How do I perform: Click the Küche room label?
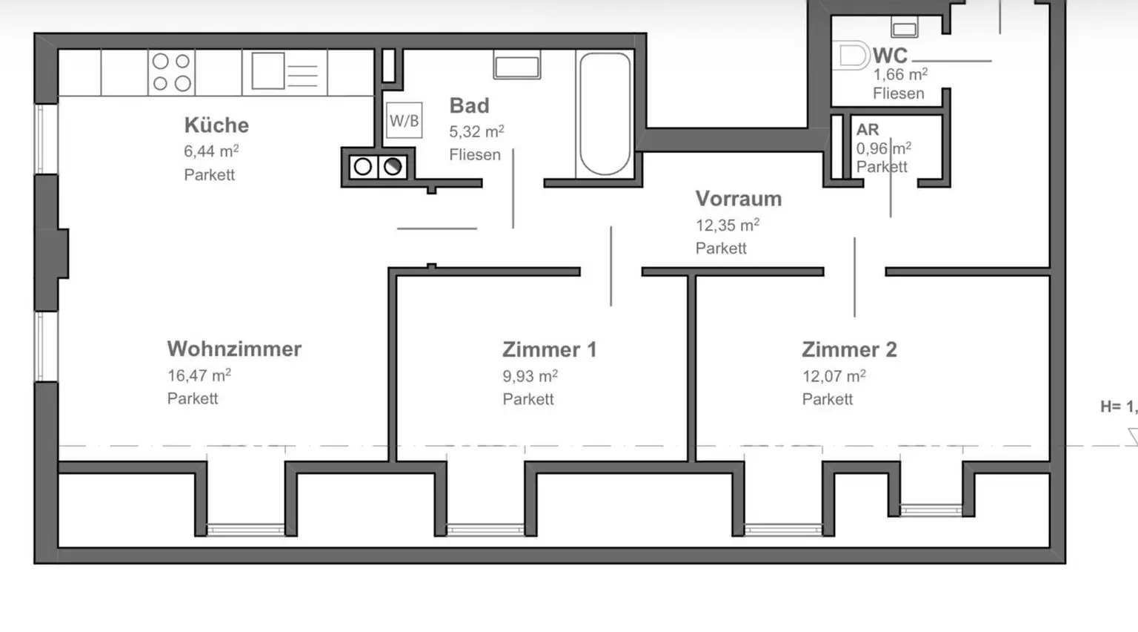coord(216,125)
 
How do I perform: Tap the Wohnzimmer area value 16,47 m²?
coord(199,375)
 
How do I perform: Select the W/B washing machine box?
coord(404,121)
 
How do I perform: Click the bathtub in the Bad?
coord(605,113)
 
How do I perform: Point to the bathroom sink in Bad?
coord(516,67)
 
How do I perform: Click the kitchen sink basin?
coord(267,72)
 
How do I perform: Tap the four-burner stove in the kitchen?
coord(171,72)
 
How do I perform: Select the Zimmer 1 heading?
coord(549,349)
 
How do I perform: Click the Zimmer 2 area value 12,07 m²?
coord(833,376)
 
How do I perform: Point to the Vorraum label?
coord(738,199)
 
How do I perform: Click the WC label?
coord(890,56)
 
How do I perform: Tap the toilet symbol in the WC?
coord(853,56)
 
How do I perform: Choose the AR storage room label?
coord(867,130)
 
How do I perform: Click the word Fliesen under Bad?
coord(474,155)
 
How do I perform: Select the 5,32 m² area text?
coord(476,131)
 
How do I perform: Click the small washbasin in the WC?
coord(904,30)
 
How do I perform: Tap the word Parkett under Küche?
coord(209,175)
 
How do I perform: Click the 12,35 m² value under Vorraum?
coord(727,225)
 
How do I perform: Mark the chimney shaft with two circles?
coord(378,167)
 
